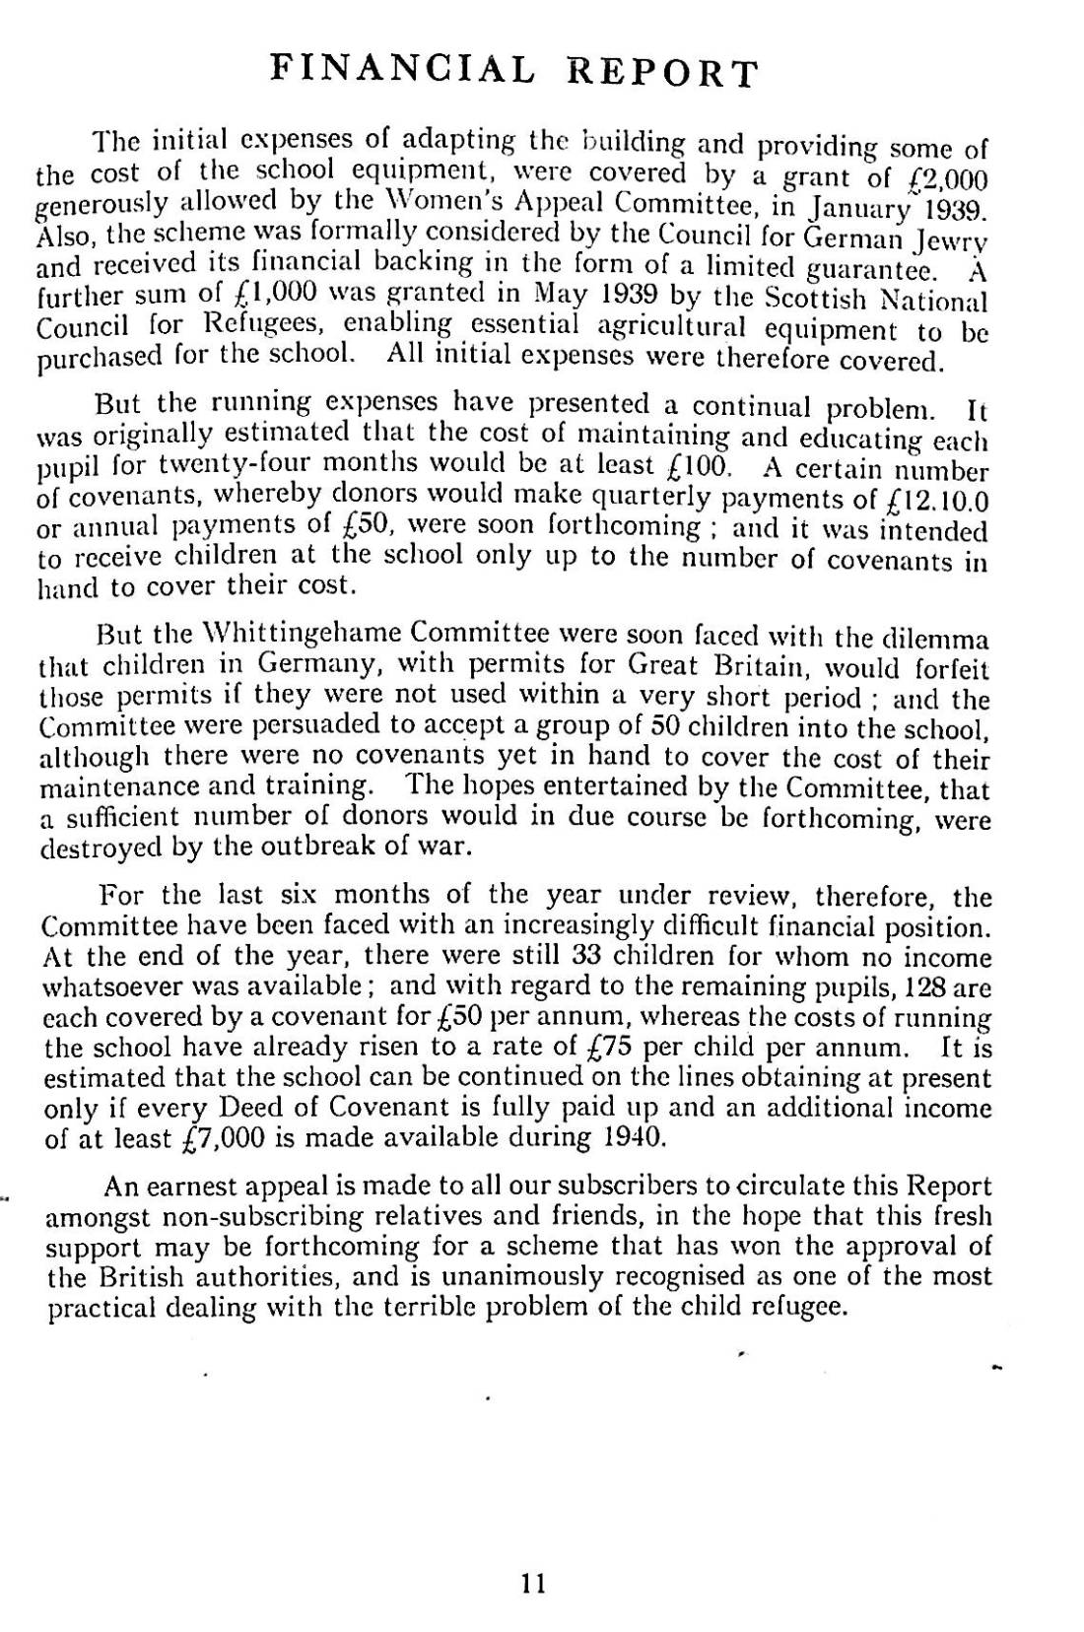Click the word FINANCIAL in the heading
(402, 69)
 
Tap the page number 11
(533, 1583)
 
